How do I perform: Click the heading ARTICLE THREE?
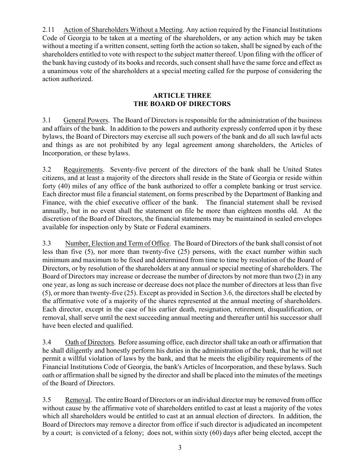182,95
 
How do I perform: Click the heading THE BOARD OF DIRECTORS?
182,103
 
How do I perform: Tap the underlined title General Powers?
86,120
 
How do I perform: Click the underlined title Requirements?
83,169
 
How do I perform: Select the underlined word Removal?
78,400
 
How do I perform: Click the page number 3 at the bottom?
180,448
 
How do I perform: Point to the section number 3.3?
47,244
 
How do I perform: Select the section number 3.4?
47,342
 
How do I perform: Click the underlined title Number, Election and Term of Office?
118,244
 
